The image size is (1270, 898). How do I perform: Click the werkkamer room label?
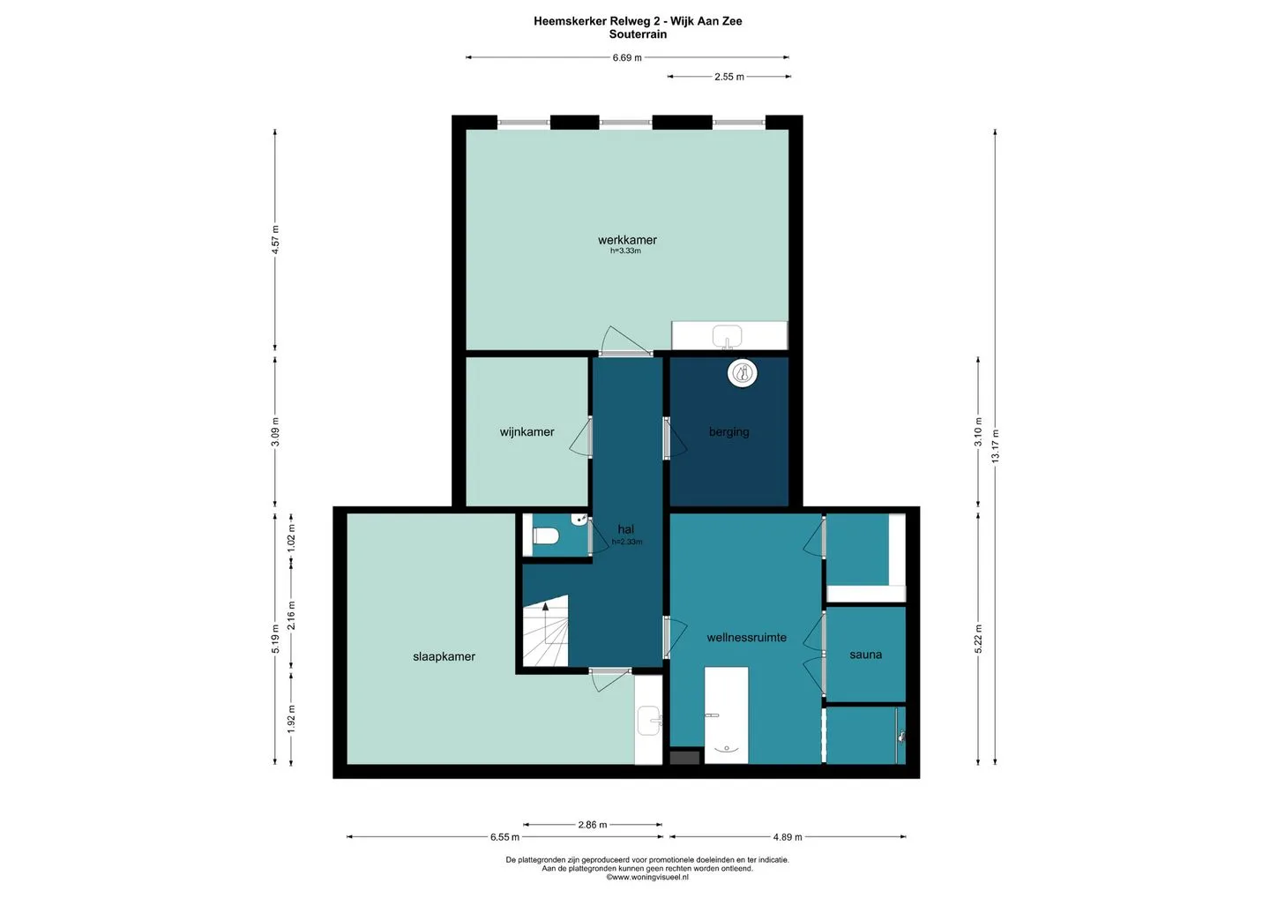[627, 240]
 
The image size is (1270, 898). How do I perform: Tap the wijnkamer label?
[527, 432]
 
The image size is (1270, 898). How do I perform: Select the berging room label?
[728, 432]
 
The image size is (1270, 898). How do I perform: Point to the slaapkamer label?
[444, 656]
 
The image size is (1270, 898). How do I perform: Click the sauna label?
[866, 655]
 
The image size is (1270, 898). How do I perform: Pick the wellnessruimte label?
[746, 637]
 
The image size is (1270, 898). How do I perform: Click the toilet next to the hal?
[546, 535]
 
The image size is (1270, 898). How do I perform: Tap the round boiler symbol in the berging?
[743, 374]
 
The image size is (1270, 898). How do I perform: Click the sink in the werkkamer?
[727, 336]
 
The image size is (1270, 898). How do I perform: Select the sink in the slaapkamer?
[649, 721]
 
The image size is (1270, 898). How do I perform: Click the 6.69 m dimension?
[627, 57]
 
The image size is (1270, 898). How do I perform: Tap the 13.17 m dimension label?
[996, 446]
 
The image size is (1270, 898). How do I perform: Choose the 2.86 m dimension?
[593, 825]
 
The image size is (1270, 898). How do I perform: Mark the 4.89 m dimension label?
[788, 837]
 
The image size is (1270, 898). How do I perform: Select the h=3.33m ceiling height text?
[625, 251]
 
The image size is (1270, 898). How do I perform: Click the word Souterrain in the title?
[638, 34]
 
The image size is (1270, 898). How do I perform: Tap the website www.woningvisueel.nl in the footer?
[647, 877]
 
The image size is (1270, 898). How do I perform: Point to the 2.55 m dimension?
[729, 77]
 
